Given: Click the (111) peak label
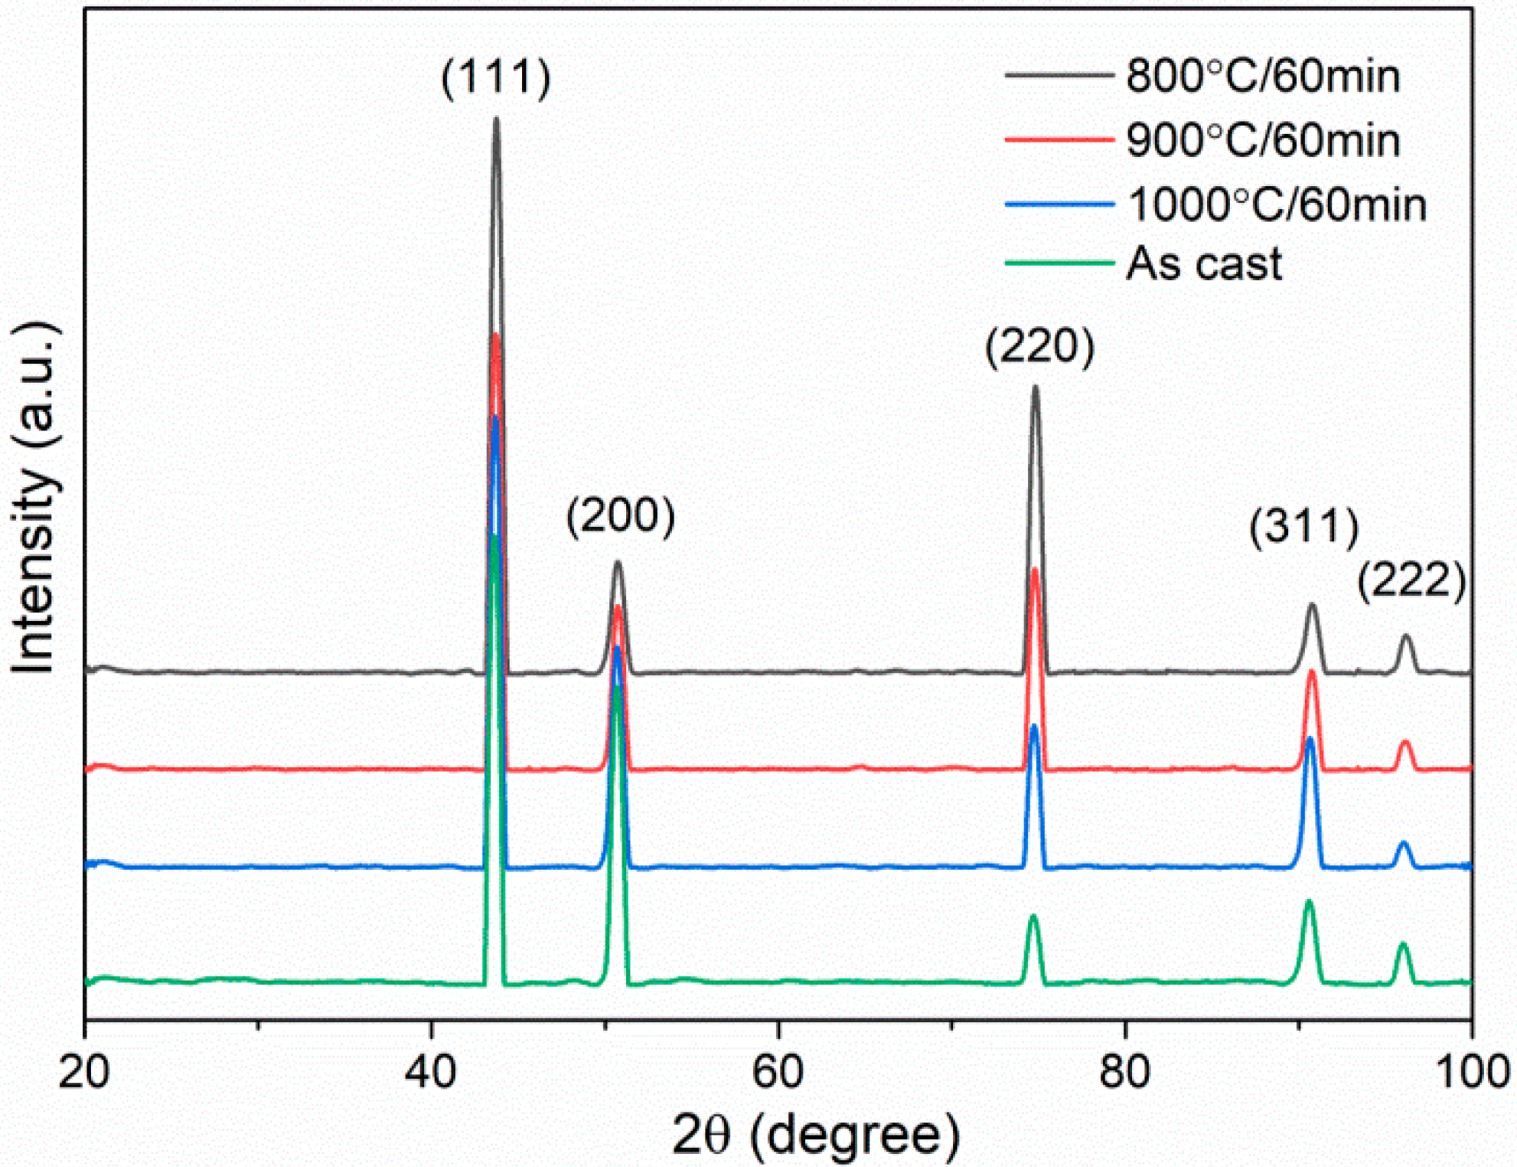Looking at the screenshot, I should pyautogui.click(x=496, y=77).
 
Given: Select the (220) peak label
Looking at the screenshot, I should pyautogui.click(x=1039, y=346).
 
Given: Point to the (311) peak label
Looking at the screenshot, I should pyautogui.click(x=1304, y=527).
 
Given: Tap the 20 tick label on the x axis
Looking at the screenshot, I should pyautogui.click(x=84, y=1072).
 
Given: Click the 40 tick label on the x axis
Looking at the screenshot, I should pyautogui.click(x=431, y=1072).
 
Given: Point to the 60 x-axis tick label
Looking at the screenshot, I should pyautogui.click(x=778, y=1072).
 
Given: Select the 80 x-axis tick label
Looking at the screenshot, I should pyautogui.click(x=1124, y=1072).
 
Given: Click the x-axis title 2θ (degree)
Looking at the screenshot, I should pyautogui.click(x=816, y=1135).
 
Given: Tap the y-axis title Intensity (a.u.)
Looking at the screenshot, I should pyautogui.click(x=34, y=498).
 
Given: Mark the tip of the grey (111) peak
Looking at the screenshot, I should pyautogui.click(x=496, y=119).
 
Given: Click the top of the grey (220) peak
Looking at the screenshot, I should pyautogui.click(x=1036, y=387).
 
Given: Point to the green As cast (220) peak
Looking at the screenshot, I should pyautogui.click(x=1033, y=916).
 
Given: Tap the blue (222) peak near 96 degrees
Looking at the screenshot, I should pyautogui.click(x=1403, y=843).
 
